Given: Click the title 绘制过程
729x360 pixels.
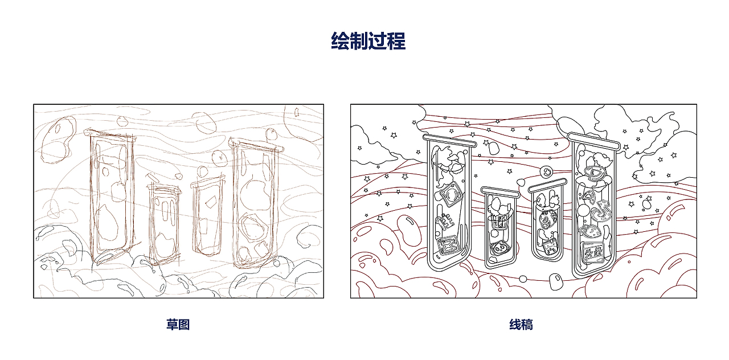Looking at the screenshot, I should [x=368, y=42].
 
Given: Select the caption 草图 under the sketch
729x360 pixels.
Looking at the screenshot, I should [x=178, y=325].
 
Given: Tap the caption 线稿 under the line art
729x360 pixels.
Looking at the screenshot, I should [x=521, y=325].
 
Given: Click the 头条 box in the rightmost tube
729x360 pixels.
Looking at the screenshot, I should [x=592, y=251].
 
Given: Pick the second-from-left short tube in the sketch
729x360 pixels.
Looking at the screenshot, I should [x=163, y=222].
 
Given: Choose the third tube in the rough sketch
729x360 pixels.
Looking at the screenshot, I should [x=208, y=216].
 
